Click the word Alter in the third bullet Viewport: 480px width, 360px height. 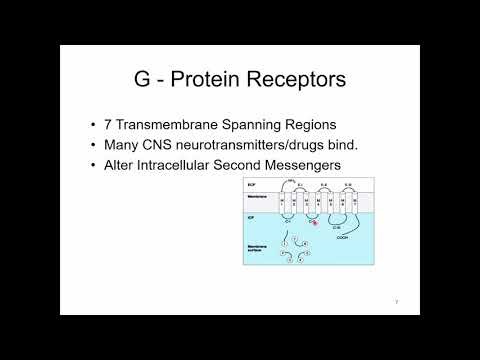pyautogui.click(x=122, y=164)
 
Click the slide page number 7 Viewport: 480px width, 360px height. pyautogui.click(x=396, y=301)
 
